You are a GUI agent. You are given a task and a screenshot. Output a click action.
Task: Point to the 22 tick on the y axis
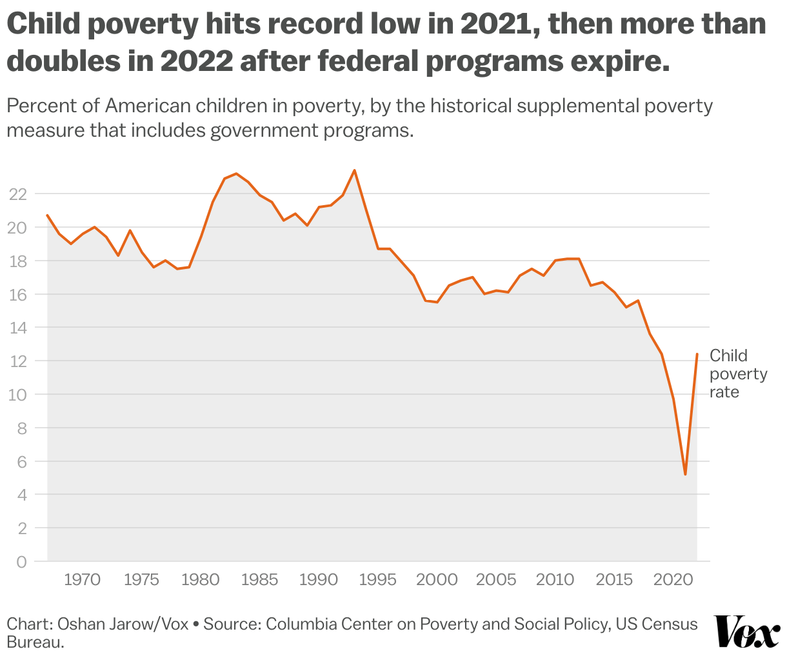pos(18,194)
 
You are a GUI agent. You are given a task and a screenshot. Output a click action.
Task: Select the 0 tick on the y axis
pos(22,562)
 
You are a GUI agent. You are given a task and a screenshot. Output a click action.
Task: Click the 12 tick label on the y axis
pos(18,361)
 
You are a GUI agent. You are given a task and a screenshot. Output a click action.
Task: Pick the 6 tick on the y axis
pos(22,461)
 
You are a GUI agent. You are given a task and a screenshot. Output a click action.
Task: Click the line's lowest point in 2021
pos(685,475)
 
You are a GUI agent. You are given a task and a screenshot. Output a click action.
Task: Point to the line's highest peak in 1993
pos(354,170)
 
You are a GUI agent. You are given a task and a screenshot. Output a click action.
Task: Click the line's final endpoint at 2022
pos(697,354)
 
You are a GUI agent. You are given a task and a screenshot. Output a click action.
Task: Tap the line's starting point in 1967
pos(47,215)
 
